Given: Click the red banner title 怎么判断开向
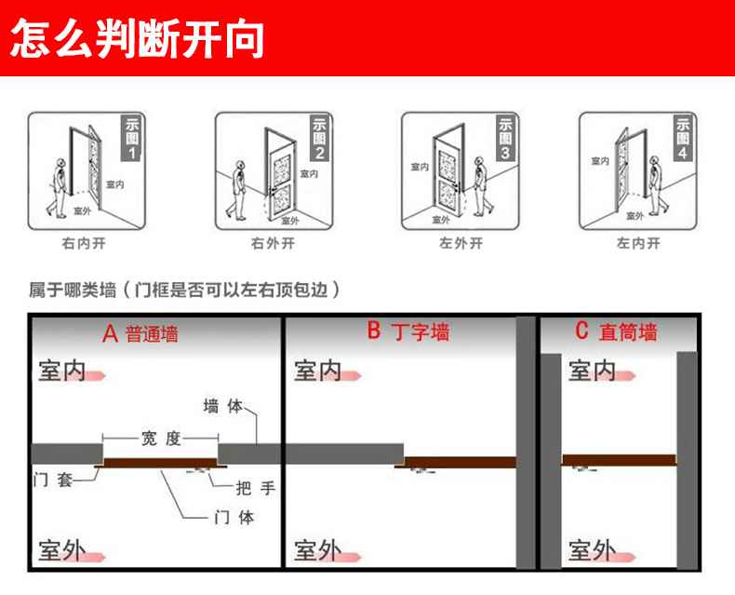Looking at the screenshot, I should pos(138,38).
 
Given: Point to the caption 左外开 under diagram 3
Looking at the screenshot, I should pos(461,244).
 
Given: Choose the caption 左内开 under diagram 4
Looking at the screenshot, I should pos(638,244).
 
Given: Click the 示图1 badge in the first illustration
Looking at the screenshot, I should pos(131,138).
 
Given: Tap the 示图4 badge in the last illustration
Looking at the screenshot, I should pos(682,138).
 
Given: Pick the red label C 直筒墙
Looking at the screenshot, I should pos(616,331).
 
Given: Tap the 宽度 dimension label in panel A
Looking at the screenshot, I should pos(160,438).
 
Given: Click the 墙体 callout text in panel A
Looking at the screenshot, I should pos(222,407).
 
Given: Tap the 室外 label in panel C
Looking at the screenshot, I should pos(592,550).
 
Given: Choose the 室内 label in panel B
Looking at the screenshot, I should pos(318,371).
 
